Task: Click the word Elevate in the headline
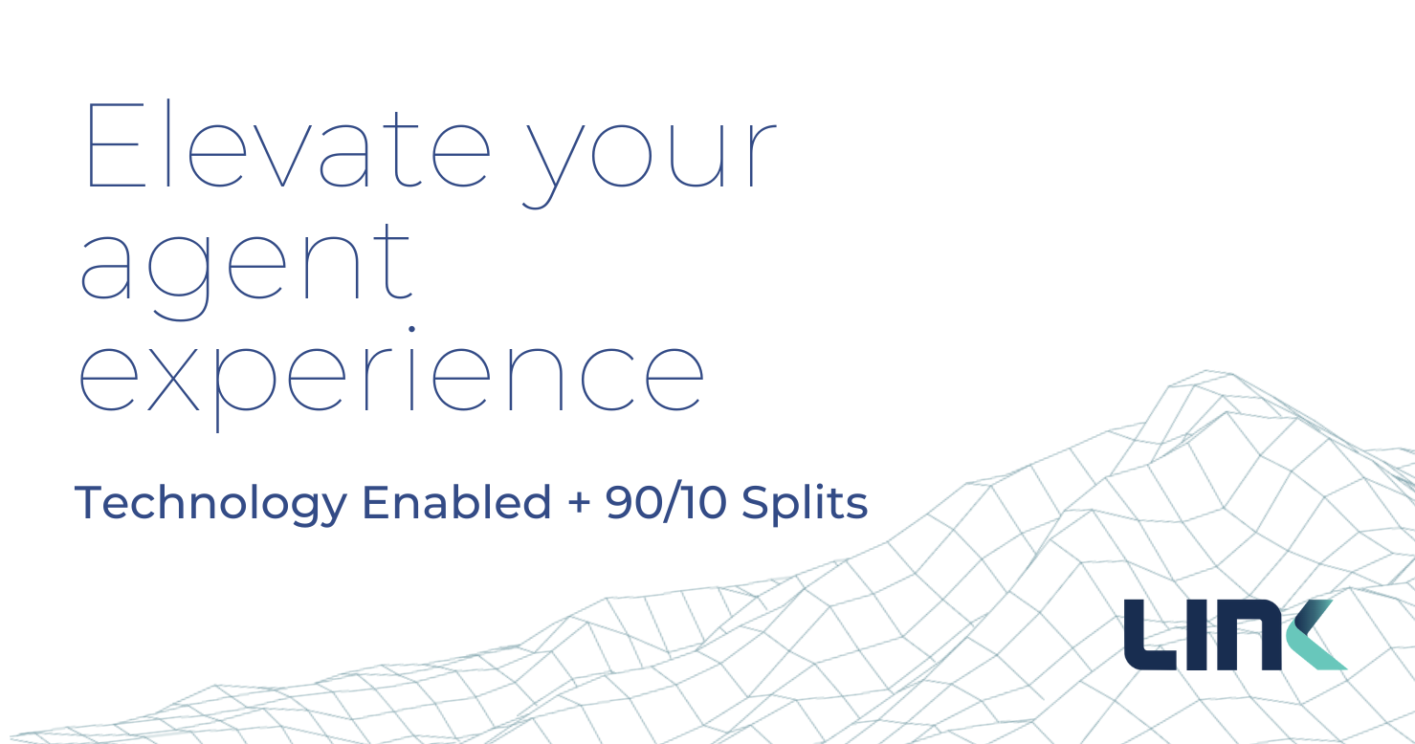(x=289, y=144)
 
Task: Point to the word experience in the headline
(x=391, y=379)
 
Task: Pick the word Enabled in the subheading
(x=456, y=502)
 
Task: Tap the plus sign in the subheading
(x=579, y=504)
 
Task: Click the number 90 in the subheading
(x=632, y=503)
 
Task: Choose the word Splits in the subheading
(x=805, y=504)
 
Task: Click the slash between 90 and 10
(x=671, y=503)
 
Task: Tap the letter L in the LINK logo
(x=1150, y=635)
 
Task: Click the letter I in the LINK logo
(x=1197, y=635)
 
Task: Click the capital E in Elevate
(x=116, y=144)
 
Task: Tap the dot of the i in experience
(x=411, y=329)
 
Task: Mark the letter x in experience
(x=174, y=379)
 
